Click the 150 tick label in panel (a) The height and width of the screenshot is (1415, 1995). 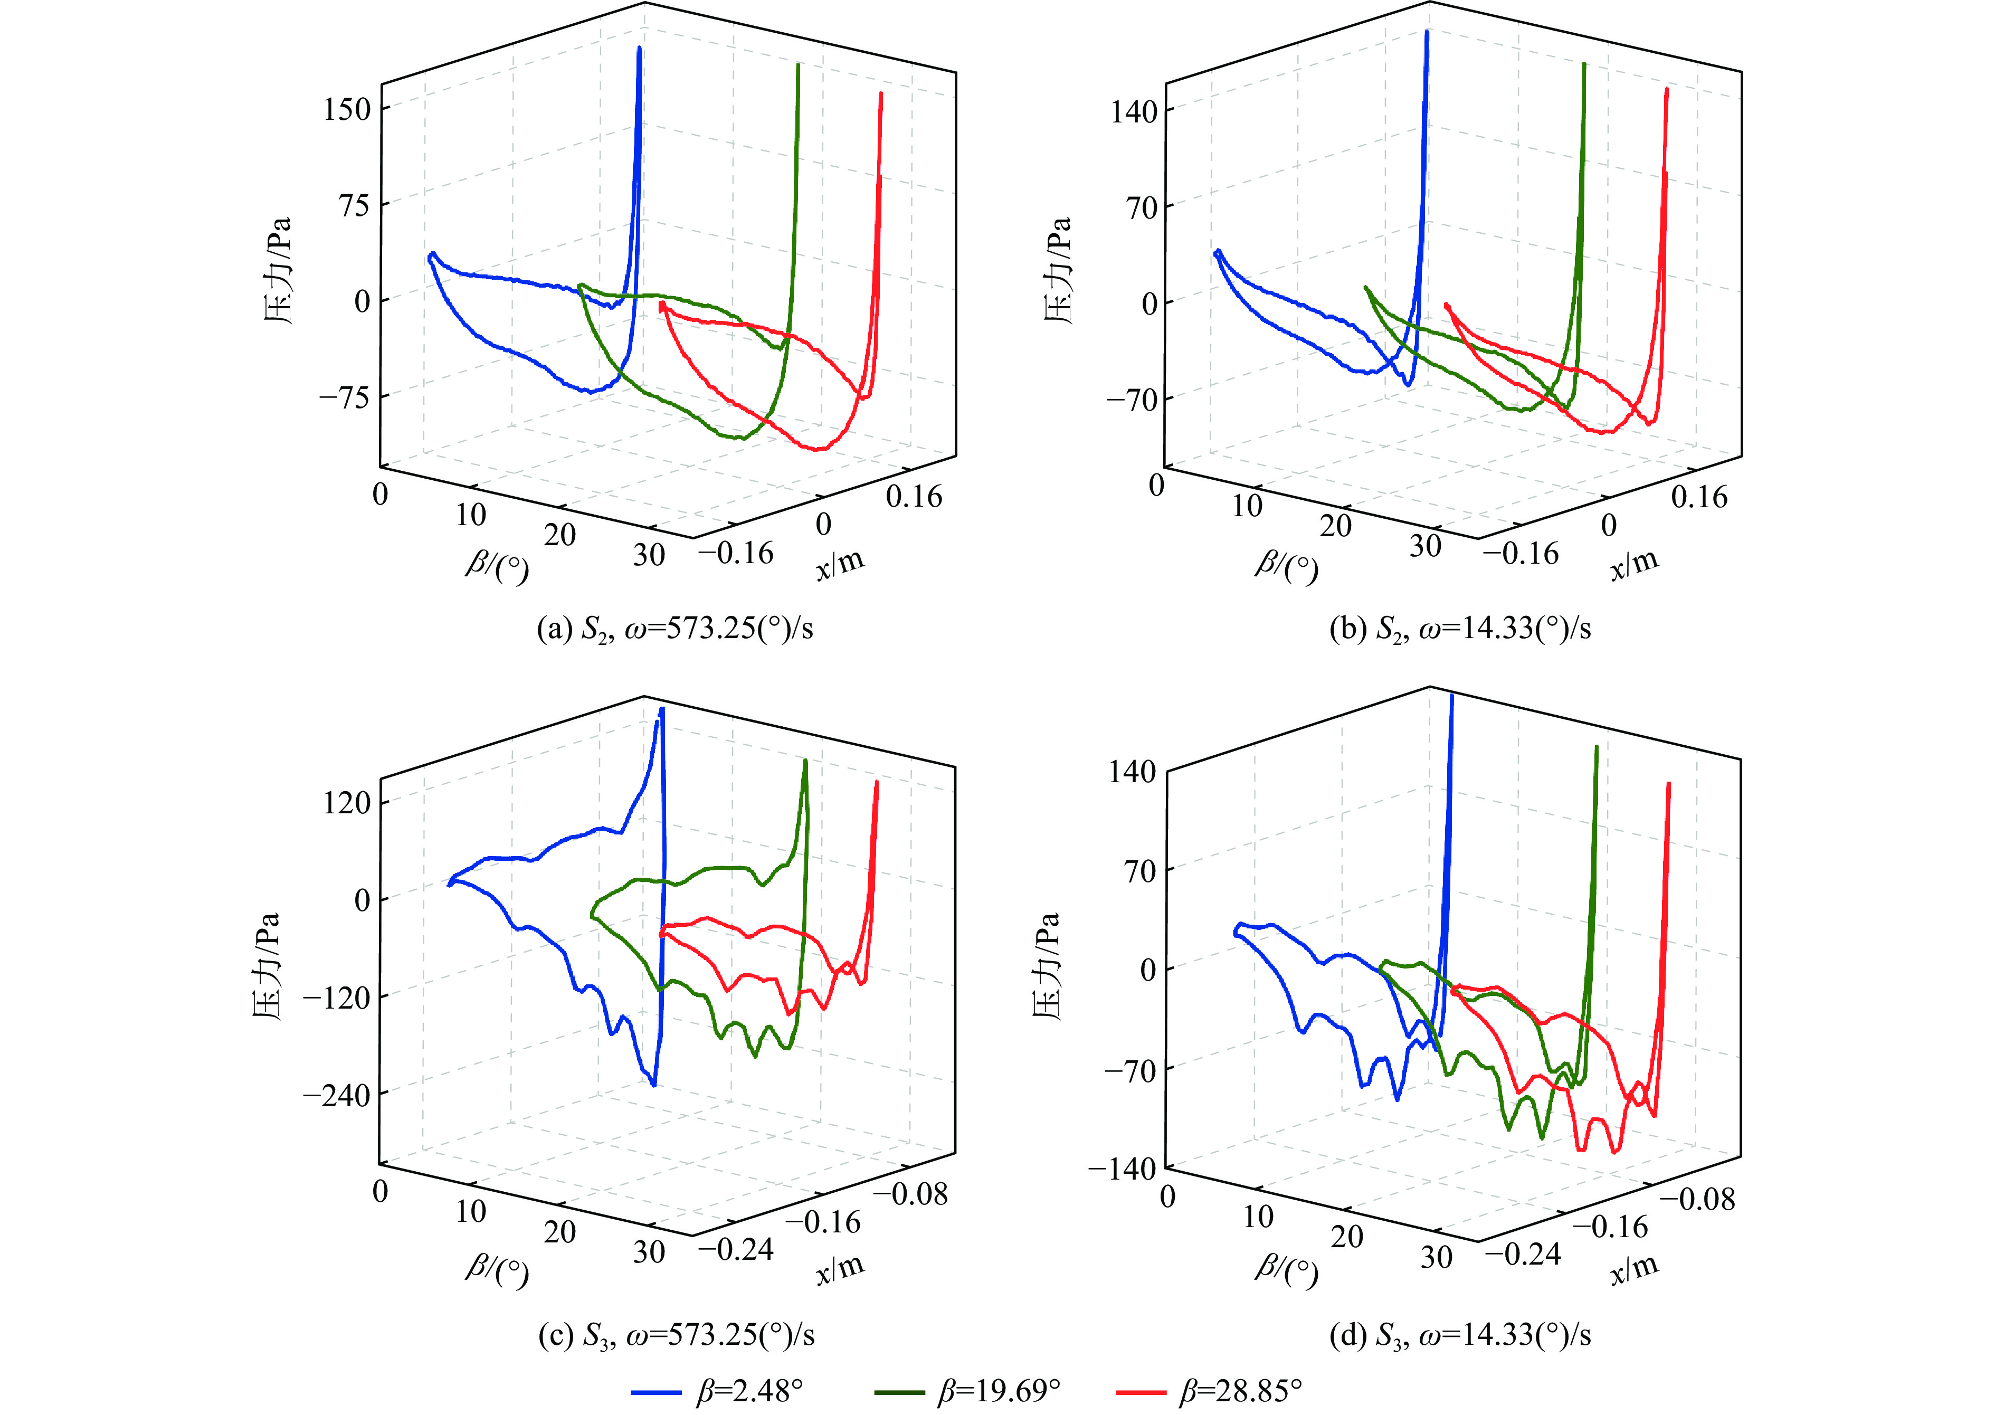(x=347, y=110)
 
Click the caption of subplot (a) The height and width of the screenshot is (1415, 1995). (x=675, y=628)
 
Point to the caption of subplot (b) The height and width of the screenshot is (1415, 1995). (x=1460, y=628)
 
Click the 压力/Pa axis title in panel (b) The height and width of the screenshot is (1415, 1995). (x=1058, y=270)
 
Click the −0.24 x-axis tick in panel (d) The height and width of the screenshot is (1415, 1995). (x=1523, y=1255)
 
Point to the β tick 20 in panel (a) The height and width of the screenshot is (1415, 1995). (x=559, y=534)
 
